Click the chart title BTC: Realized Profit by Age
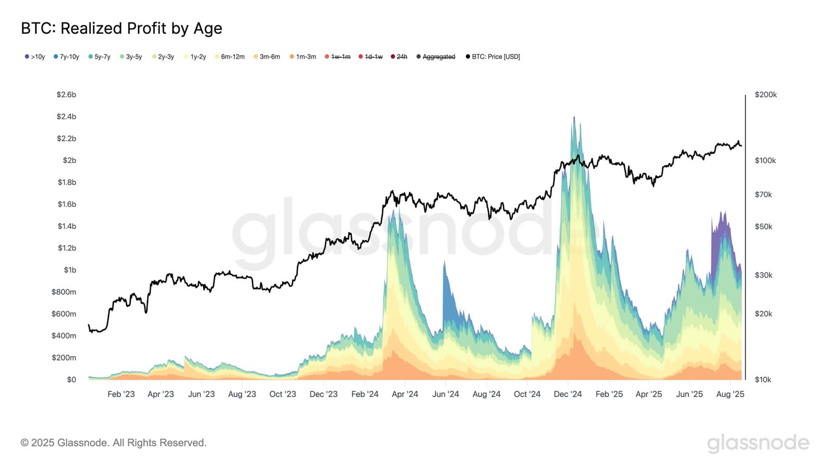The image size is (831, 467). (122, 28)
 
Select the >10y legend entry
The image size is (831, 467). (35, 57)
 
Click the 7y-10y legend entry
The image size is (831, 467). (66, 57)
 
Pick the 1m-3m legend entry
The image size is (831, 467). (303, 57)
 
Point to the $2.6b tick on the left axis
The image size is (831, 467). (66, 94)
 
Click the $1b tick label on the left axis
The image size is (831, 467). (70, 270)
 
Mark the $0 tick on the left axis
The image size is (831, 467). (71, 379)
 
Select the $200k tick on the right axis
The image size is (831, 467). (766, 94)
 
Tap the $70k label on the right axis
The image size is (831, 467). (763, 195)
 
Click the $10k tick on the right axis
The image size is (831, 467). (762, 379)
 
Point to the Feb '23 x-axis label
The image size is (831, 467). (121, 394)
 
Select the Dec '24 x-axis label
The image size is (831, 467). (568, 394)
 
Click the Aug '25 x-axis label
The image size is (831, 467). (730, 394)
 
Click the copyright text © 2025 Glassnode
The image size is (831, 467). (113, 443)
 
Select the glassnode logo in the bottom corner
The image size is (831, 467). (758, 443)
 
